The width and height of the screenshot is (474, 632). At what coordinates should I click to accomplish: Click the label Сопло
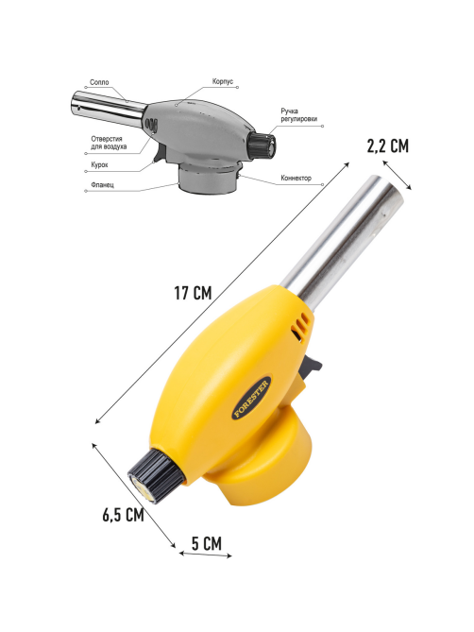click(x=99, y=82)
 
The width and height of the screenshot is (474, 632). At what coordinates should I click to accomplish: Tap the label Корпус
click(x=223, y=81)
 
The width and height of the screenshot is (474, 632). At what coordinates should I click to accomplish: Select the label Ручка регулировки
click(x=298, y=114)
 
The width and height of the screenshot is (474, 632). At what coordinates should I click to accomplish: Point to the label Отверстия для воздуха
click(x=109, y=143)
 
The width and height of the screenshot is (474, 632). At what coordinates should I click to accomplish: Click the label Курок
click(x=99, y=165)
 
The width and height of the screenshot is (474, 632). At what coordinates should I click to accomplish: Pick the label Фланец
click(x=102, y=184)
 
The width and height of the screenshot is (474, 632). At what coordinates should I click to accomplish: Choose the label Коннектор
click(x=296, y=178)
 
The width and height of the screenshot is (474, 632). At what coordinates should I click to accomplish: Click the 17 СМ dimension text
click(x=193, y=293)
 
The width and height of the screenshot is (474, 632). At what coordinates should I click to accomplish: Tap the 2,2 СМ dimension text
click(x=387, y=145)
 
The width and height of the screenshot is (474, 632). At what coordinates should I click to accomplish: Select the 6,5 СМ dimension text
click(x=123, y=515)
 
